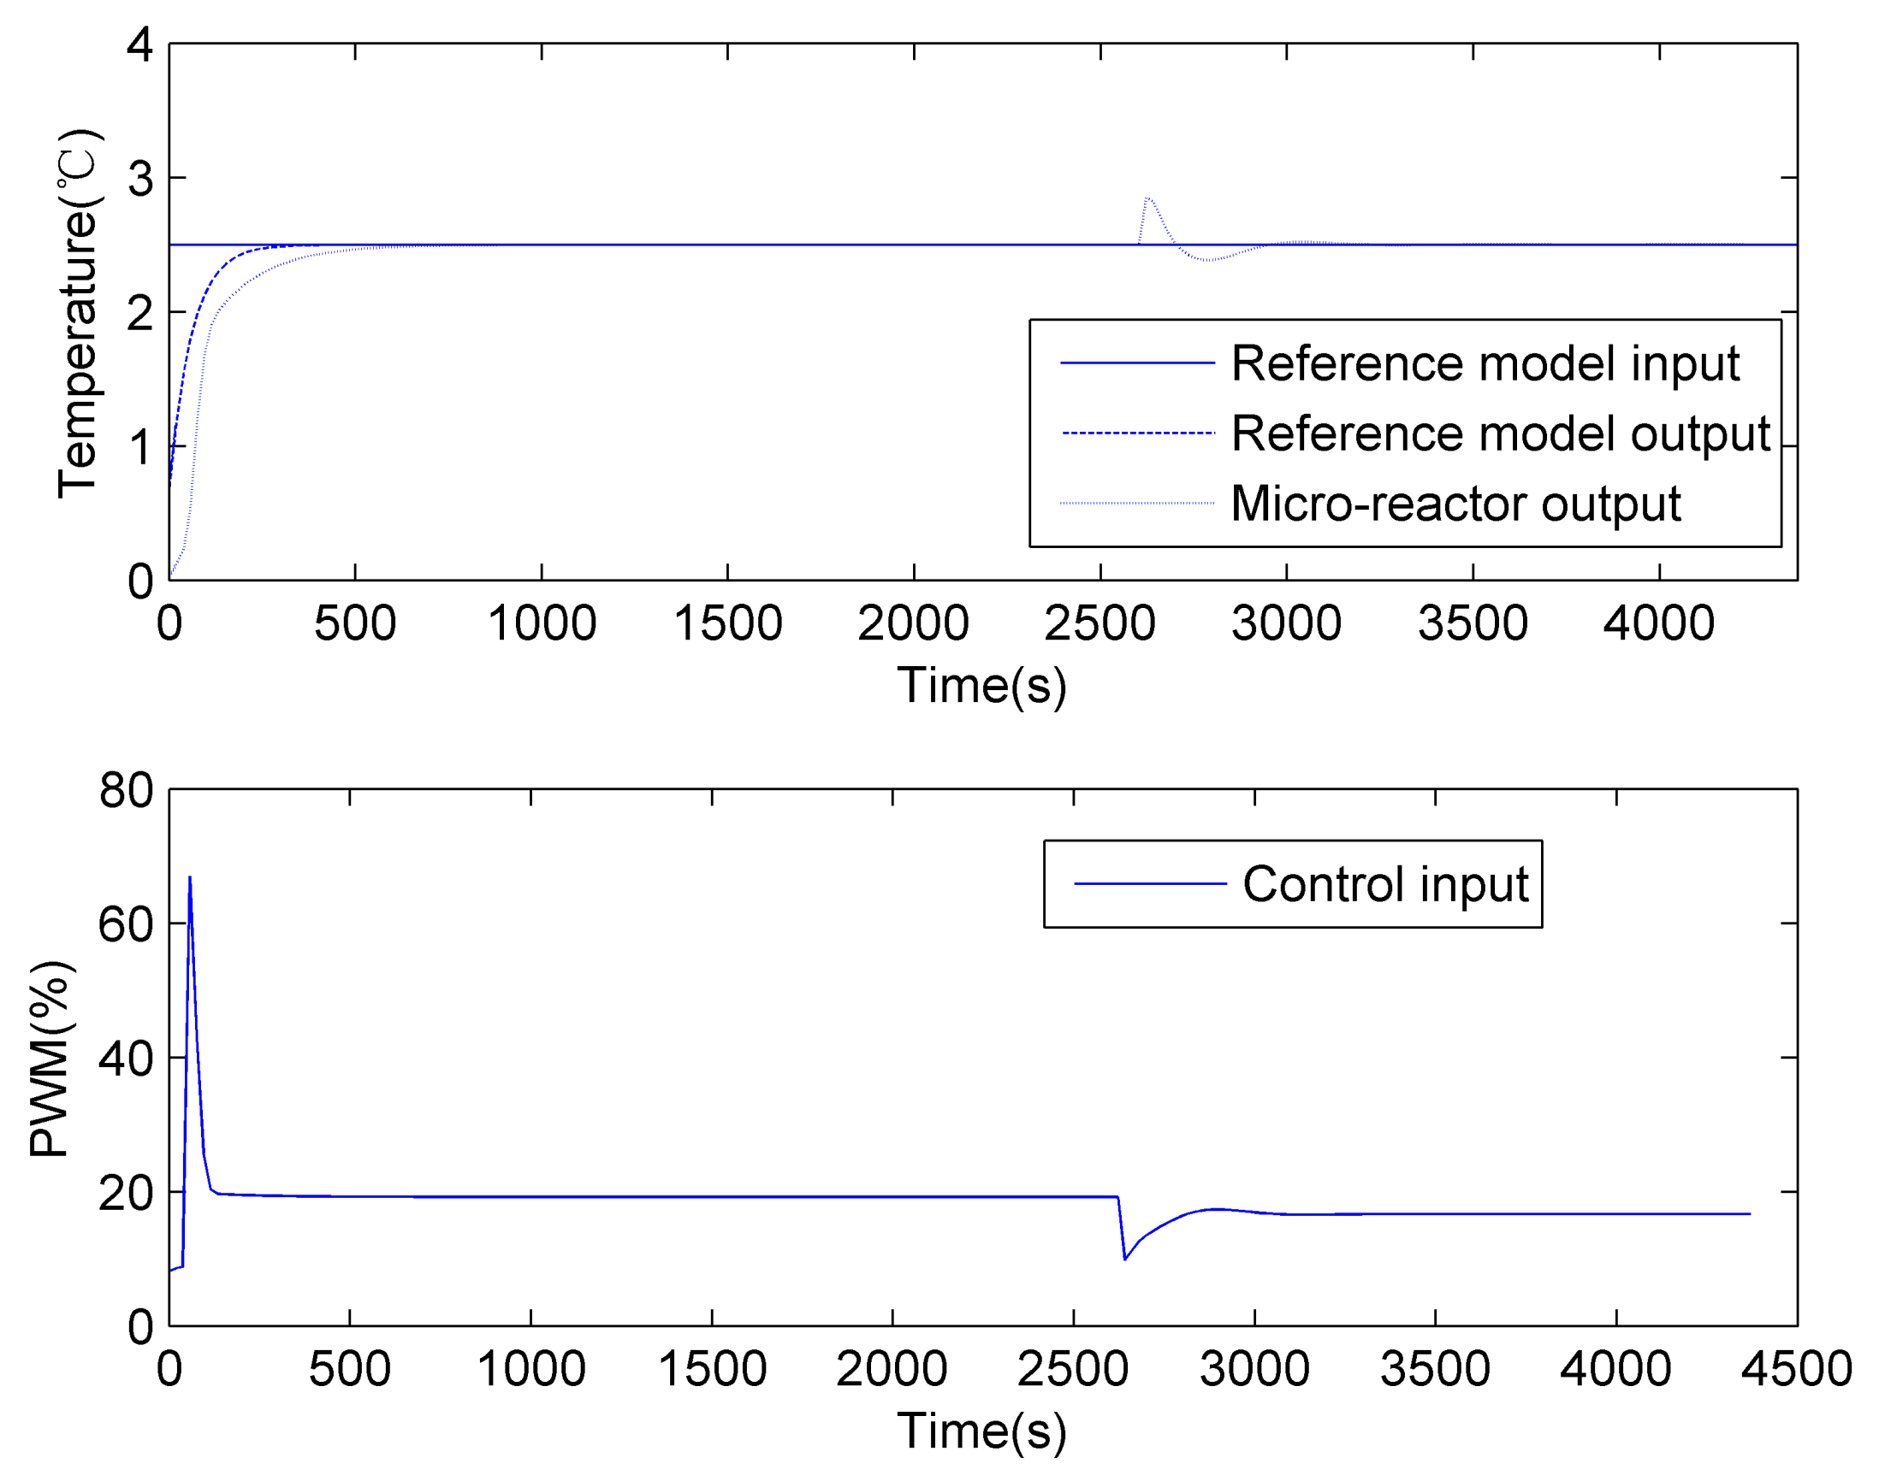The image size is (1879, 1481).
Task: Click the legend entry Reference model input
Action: tap(1485, 363)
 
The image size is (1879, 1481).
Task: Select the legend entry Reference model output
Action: tap(1500, 434)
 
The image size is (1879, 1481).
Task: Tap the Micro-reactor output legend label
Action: tap(1455, 504)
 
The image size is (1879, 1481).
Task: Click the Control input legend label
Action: tap(1384, 884)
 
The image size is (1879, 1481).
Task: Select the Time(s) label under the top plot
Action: tap(981, 686)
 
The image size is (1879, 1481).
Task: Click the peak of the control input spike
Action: tap(190, 877)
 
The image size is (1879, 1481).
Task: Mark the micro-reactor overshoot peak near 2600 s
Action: tap(1147, 198)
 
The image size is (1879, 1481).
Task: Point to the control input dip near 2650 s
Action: tap(1125, 1258)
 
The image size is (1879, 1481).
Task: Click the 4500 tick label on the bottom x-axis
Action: tap(1797, 1369)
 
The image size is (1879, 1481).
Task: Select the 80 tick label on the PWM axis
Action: tap(126, 790)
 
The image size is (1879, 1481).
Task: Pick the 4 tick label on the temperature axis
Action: tap(139, 44)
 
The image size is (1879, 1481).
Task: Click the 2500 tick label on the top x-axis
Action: tap(1100, 623)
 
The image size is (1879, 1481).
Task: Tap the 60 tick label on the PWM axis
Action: tap(126, 924)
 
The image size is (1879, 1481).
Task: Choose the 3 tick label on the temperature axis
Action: tap(139, 179)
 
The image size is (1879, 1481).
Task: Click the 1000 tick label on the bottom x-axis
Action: tap(531, 1369)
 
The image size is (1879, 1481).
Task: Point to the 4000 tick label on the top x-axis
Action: tap(1657, 623)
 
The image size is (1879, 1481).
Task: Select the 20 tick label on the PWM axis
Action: tap(126, 1193)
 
